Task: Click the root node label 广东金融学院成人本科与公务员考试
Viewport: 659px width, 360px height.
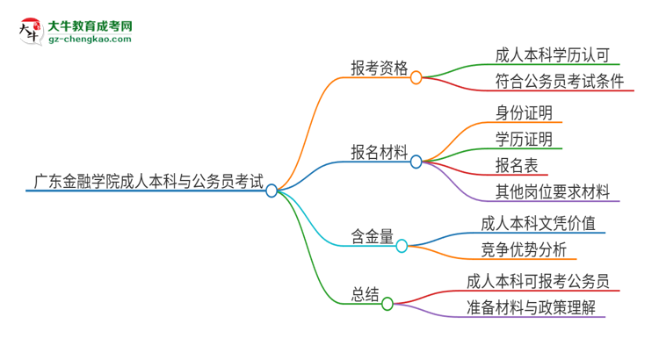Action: pos(147,183)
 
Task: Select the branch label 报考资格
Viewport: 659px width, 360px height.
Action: pos(380,68)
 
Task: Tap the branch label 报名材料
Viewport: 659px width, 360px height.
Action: pos(380,154)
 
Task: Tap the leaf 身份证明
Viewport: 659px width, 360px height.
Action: pos(524,112)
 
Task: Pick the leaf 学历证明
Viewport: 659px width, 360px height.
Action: pos(524,139)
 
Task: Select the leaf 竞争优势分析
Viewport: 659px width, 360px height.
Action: pos(524,249)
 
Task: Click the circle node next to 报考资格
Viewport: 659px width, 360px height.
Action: pos(416,77)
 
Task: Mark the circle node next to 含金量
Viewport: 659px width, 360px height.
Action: pos(402,246)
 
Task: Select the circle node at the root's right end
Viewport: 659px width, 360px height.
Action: pos(272,191)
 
